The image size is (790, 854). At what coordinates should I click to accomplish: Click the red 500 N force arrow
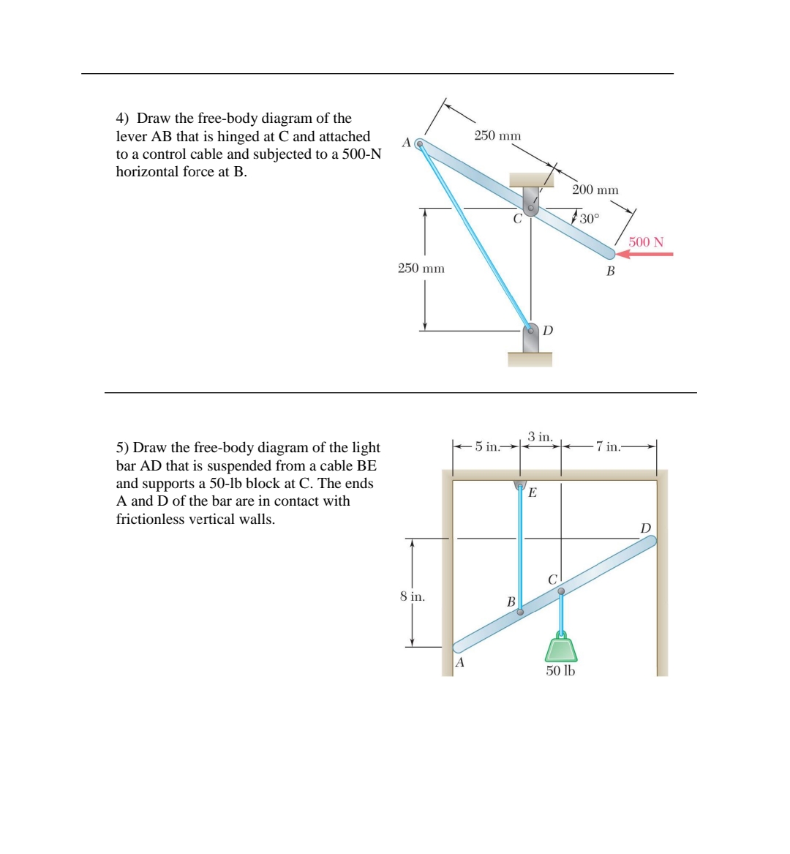tap(645, 255)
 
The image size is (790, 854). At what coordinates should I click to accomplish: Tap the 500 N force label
tap(646, 242)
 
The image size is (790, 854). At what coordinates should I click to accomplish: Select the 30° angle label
tap(589, 218)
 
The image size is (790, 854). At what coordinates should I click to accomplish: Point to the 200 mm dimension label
tap(595, 190)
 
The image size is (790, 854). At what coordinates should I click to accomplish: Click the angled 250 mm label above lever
tap(497, 135)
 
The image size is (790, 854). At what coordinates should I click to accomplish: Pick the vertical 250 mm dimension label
tap(421, 269)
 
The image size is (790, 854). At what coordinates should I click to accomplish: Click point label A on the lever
tap(406, 142)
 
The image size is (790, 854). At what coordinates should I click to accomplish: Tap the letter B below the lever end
tap(611, 271)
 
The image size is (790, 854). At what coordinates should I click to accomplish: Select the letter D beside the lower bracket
tap(548, 331)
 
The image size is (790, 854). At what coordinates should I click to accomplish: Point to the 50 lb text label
tap(560, 670)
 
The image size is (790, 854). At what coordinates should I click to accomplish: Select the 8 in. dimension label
tap(413, 596)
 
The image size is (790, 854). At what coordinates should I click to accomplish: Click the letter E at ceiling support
tap(532, 492)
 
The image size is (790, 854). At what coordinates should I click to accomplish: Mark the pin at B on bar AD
tap(520, 613)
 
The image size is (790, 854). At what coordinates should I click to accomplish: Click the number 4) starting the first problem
tap(123, 119)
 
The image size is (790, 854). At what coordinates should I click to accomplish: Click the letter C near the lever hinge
tap(517, 218)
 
